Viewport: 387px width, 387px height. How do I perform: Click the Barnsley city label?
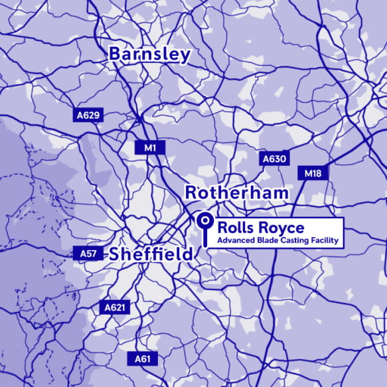[x=149, y=54]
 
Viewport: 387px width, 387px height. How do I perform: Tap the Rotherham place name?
[x=237, y=193]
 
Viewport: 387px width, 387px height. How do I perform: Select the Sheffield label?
[x=151, y=254]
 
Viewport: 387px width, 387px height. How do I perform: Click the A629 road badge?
[x=88, y=116]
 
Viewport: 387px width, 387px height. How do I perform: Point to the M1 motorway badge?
[x=150, y=147]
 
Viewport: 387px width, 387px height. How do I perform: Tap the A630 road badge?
[x=273, y=159]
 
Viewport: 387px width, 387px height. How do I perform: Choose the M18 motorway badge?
[x=313, y=173]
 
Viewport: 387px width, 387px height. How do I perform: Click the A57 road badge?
[x=88, y=254]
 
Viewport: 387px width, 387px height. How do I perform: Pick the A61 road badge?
[x=143, y=359]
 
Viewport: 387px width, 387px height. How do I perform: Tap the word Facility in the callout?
[x=327, y=240]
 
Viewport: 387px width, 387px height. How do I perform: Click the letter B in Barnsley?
[x=116, y=54]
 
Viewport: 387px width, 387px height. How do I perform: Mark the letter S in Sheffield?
[x=116, y=254]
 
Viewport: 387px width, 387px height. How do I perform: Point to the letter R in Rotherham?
[x=191, y=193]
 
